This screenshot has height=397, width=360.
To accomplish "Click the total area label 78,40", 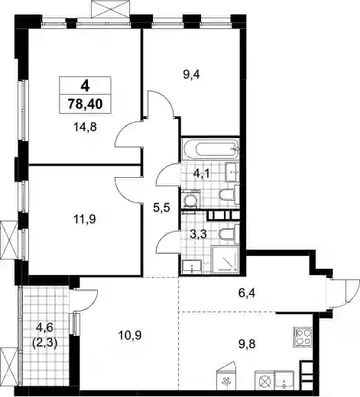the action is (86, 104).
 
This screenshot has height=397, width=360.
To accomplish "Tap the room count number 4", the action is (85, 86).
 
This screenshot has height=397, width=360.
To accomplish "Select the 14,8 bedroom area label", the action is (85, 127).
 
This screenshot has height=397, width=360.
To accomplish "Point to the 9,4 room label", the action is (191, 75).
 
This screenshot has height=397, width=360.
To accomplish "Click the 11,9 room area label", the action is (84, 219).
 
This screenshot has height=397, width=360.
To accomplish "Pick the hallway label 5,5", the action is (161, 208).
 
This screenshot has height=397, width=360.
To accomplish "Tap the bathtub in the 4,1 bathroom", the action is (210, 150).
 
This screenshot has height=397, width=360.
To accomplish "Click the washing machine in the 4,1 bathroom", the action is (190, 200).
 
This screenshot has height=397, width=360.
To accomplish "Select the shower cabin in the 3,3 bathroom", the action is (225, 260).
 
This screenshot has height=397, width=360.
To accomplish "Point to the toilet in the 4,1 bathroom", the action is (229, 195).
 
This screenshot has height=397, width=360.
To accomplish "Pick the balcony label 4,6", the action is (44, 328).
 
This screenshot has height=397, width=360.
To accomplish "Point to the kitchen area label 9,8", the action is (246, 344).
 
